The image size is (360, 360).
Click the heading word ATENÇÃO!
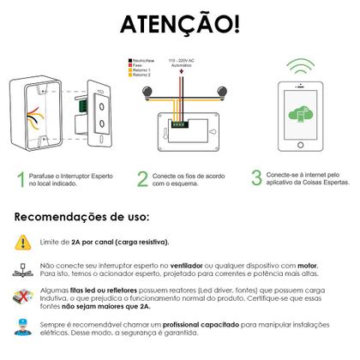coord(179,24)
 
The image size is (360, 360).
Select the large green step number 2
coord(142,179)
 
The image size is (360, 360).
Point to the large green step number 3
coord(255,177)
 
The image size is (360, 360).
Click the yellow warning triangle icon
coord(21,242)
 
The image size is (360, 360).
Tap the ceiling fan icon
coord(21,272)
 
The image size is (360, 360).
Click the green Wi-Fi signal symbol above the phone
coord(299,67)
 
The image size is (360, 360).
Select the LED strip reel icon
coord(21,299)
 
